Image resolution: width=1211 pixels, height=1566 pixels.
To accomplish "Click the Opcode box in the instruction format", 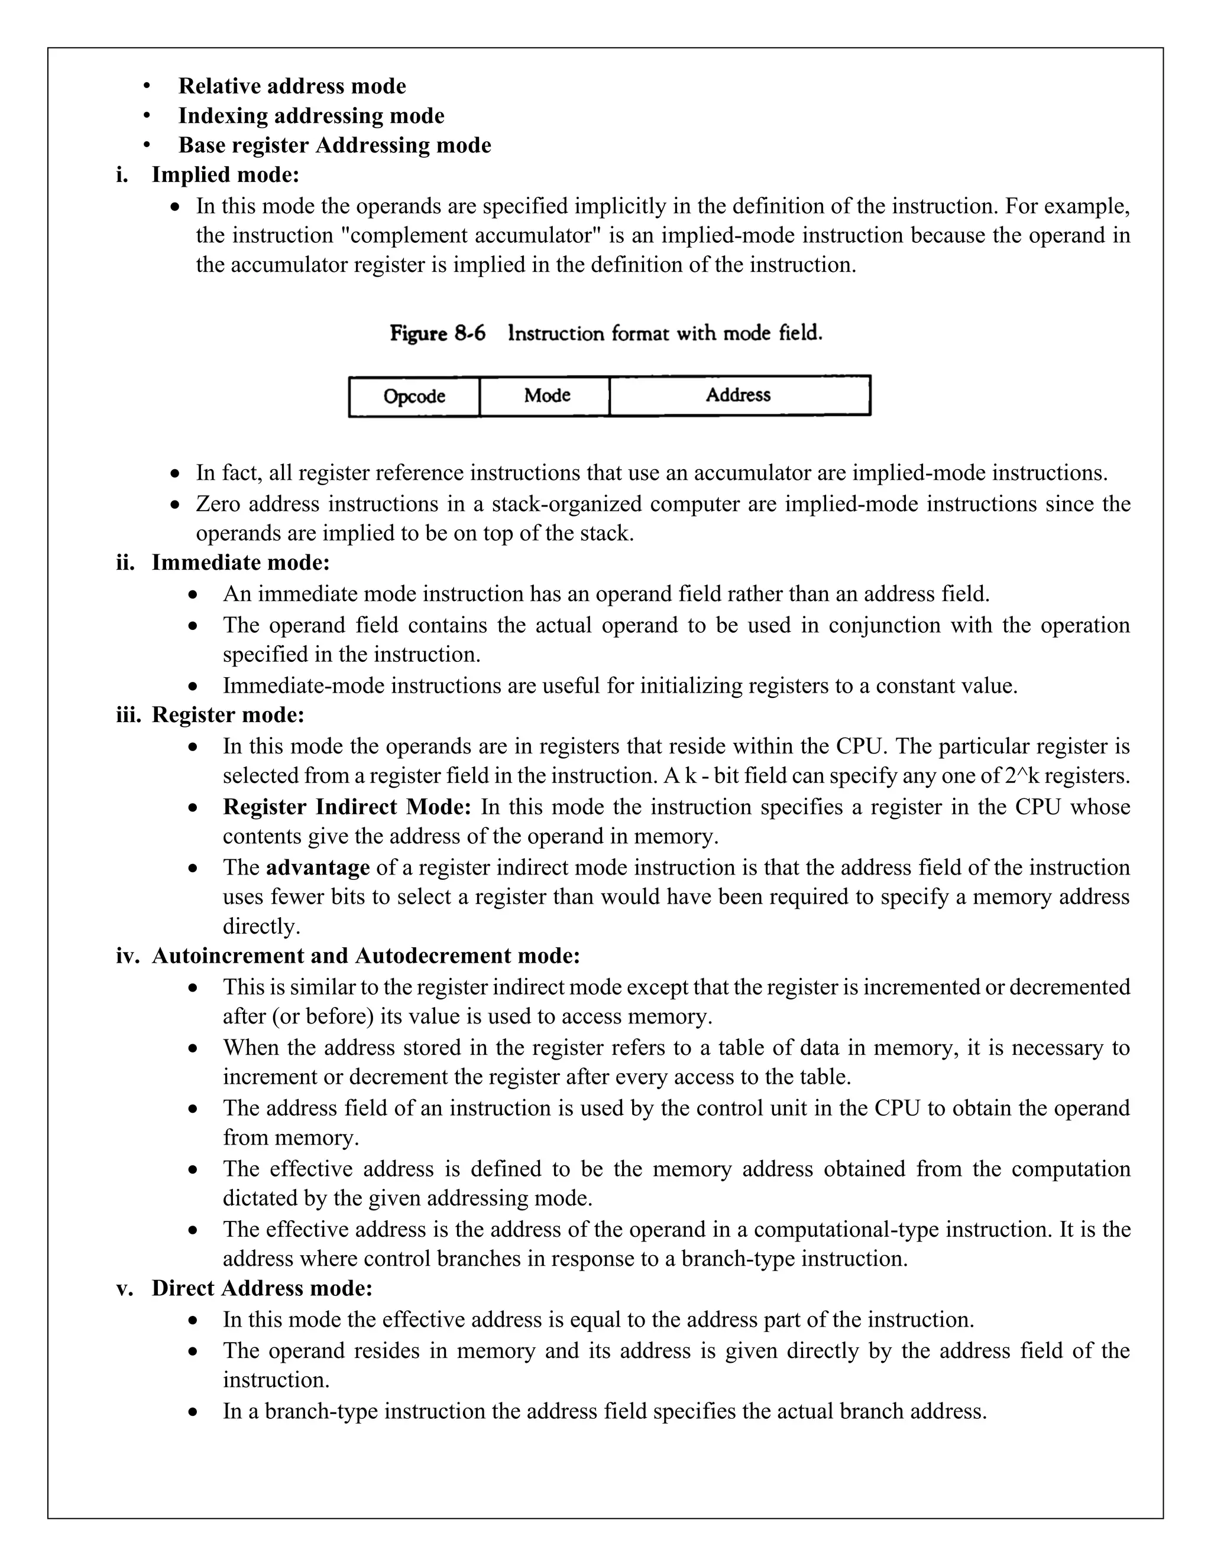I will click(x=414, y=397).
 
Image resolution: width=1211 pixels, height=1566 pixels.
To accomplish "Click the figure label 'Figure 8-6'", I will click(x=437, y=333).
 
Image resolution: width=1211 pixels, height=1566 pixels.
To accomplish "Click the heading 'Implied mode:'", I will click(x=225, y=175).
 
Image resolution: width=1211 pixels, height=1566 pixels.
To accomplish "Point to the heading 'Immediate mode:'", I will click(x=240, y=563).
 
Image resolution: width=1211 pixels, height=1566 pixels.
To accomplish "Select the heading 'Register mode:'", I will click(x=228, y=715).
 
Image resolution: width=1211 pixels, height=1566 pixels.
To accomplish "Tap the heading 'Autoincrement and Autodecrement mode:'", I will click(x=365, y=956).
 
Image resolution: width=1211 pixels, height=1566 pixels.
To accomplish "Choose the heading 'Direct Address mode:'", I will click(x=262, y=1288).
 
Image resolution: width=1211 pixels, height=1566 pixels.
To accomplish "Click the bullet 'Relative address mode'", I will click(x=292, y=86).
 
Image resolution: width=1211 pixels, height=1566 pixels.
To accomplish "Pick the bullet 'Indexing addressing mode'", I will click(x=312, y=115).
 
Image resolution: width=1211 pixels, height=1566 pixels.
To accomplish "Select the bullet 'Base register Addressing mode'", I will click(x=334, y=145).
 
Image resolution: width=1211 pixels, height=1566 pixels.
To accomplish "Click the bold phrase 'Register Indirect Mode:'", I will click(x=347, y=807).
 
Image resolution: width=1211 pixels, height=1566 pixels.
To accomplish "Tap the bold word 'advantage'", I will click(x=318, y=868).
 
